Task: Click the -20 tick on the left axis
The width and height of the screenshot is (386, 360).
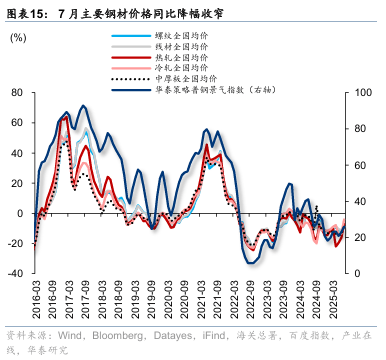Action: pyautogui.click(x=19, y=244)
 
